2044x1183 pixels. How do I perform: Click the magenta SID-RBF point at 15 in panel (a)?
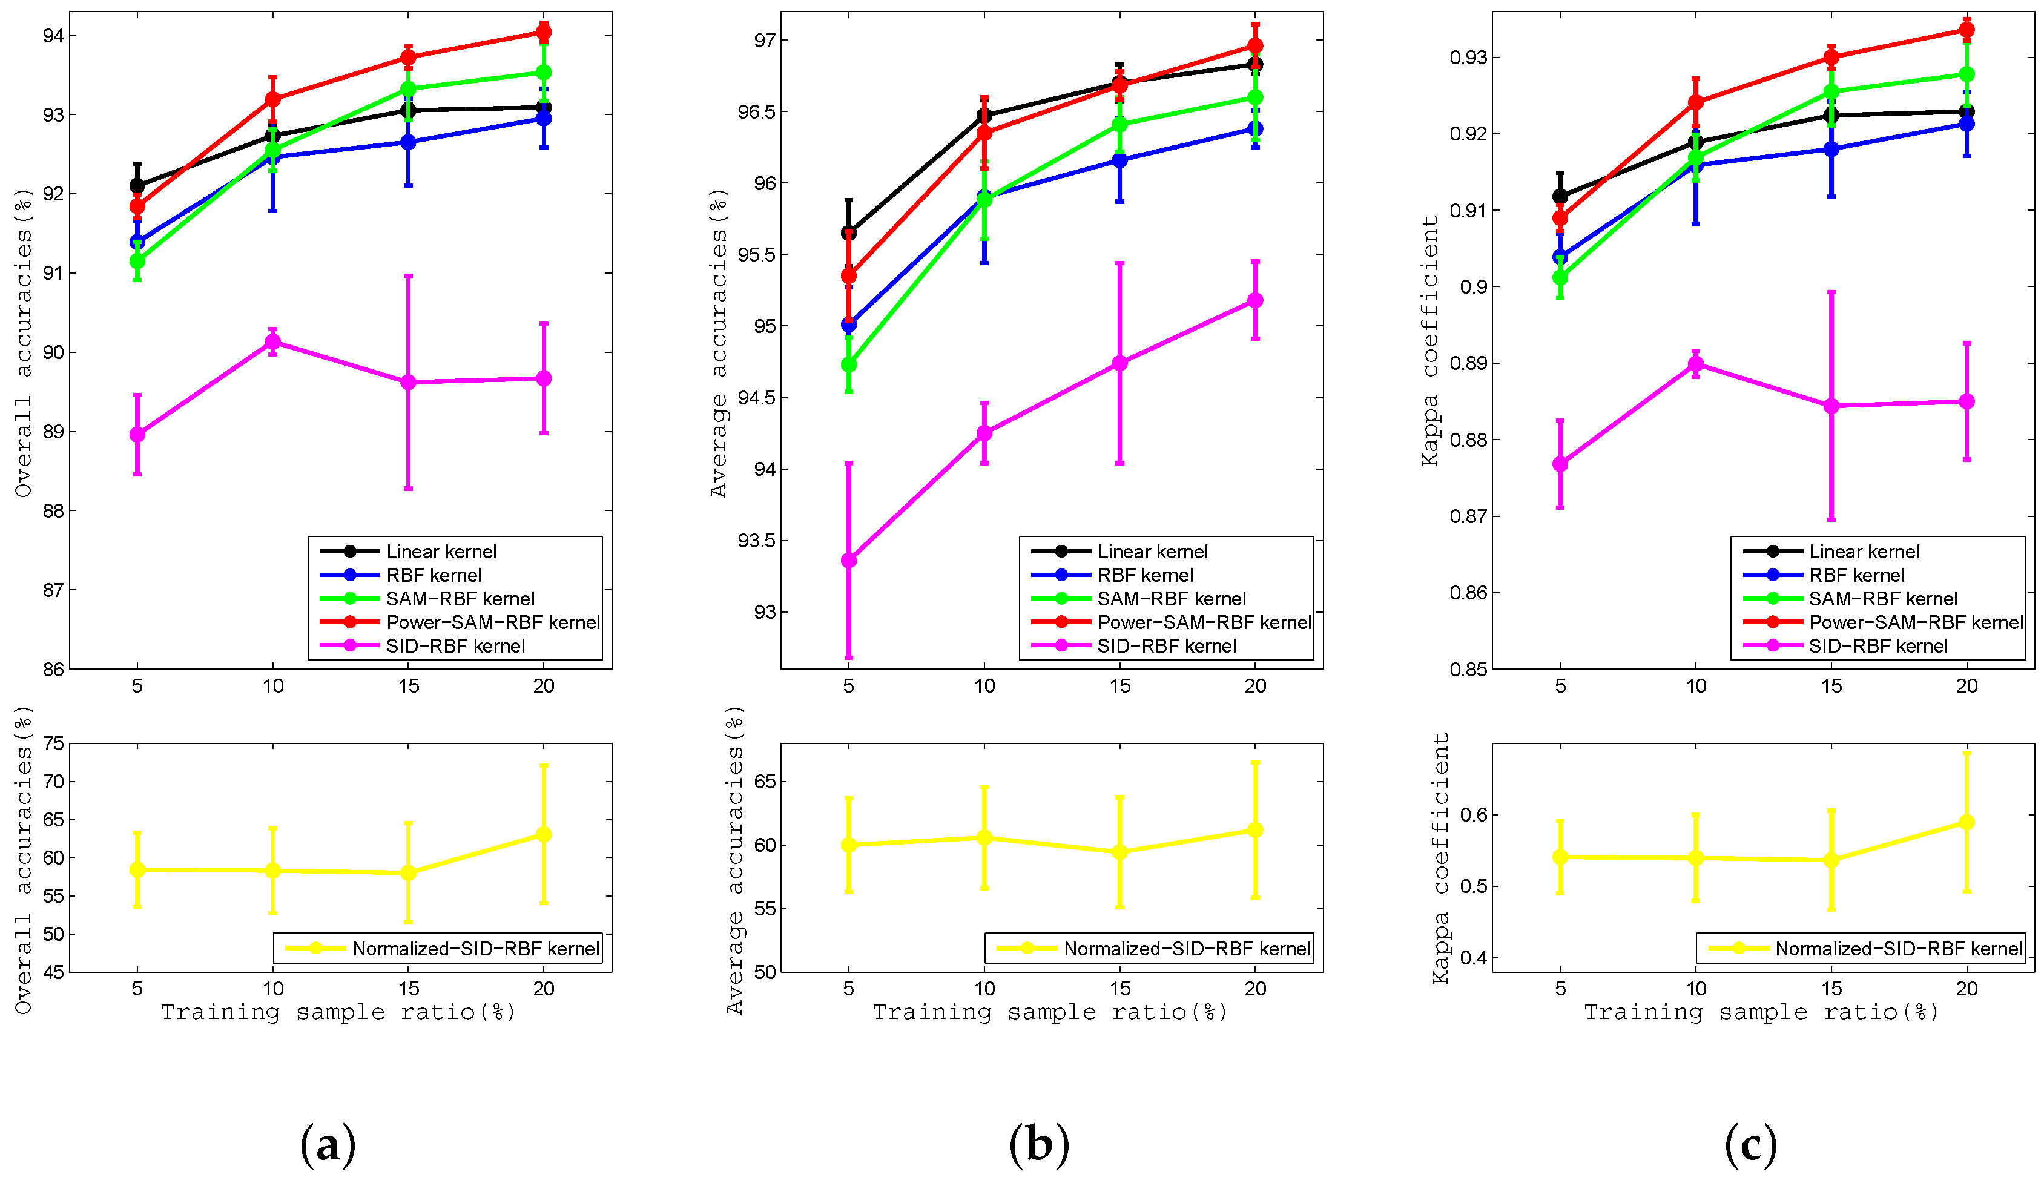[408, 382]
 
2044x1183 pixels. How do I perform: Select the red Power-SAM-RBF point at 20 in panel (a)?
[544, 33]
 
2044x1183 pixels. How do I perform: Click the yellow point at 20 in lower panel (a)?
[544, 834]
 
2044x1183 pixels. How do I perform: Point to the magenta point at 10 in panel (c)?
[1695, 364]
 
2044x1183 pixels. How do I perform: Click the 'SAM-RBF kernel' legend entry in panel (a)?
[460, 598]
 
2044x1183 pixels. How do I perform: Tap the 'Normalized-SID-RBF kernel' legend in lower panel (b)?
[1187, 948]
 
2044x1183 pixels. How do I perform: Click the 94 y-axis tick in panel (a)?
[53, 35]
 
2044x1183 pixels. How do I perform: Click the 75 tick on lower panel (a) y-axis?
[53, 743]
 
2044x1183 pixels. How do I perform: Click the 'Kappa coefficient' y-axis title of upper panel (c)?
[1429, 340]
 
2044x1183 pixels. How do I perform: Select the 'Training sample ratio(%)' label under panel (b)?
[1050, 1012]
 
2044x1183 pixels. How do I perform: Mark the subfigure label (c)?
[1750, 1145]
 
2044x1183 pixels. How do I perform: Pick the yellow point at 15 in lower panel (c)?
[1831, 860]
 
